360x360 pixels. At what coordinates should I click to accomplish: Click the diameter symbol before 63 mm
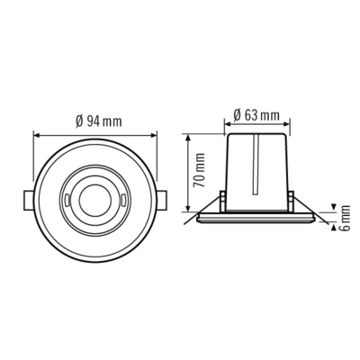pos(236,114)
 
